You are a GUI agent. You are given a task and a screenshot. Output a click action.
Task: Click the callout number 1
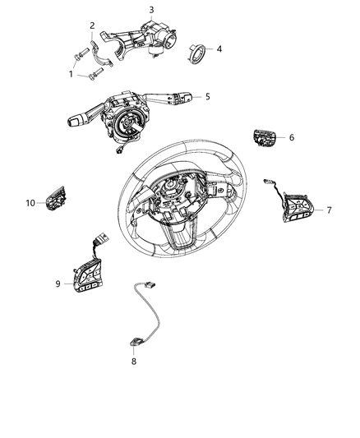click(x=71, y=74)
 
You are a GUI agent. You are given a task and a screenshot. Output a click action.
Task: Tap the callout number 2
click(x=92, y=25)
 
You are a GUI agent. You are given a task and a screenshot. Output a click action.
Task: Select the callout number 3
click(x=151, y=10)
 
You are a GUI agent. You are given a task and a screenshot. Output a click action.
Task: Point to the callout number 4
click(x=218, y=49)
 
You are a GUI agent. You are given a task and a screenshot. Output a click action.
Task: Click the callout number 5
click(x=208, y=97)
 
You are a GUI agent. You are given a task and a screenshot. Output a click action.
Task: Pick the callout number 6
click(x=291, y=137)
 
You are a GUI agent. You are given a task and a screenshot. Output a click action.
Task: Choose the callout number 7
click(x=329, y=210)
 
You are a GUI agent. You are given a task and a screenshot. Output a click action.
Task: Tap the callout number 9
click(x=58, y=284)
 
